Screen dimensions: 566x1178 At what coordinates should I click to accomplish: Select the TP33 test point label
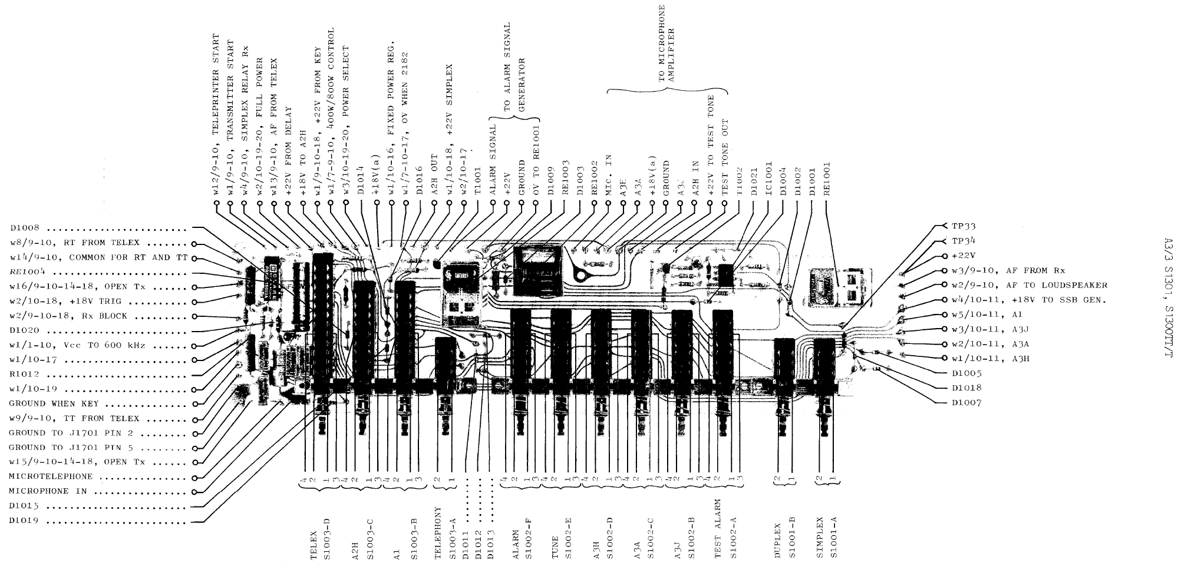(x=964, y=226)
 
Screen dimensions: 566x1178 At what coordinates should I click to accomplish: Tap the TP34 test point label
(x=964, y=241)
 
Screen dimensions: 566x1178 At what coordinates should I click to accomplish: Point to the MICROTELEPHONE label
(x=51, y=476)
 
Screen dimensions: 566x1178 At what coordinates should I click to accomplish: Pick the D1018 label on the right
(x=966, y=388)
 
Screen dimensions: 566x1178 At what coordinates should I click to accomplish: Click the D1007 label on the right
(x=966, y=403)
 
